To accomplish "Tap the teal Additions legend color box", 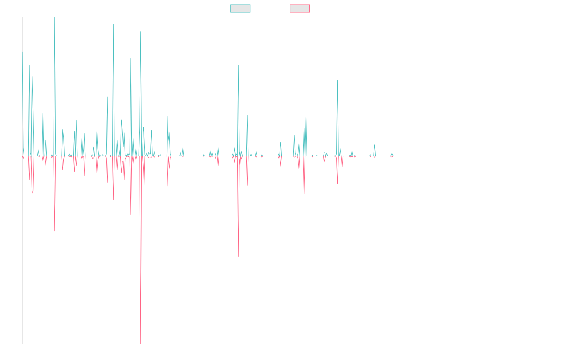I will [x=240, y=9].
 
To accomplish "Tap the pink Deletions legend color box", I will [x=300, y=9].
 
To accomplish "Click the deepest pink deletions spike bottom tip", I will [x=141, y=343].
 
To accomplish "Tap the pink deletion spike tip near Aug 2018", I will [x=238, y=256].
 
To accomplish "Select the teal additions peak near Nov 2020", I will [x=337, y=81].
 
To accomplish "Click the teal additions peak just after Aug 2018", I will [x=238, y=65].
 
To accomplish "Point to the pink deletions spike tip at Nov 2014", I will [x=55, y=232].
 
